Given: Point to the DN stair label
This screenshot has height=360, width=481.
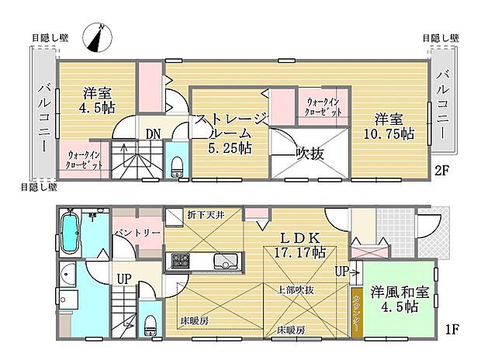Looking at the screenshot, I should (x=153, y=133).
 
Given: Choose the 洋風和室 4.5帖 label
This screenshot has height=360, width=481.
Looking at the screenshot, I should (x=399, y=299).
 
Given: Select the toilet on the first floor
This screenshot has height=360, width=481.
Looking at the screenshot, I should (x=150, y=324).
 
